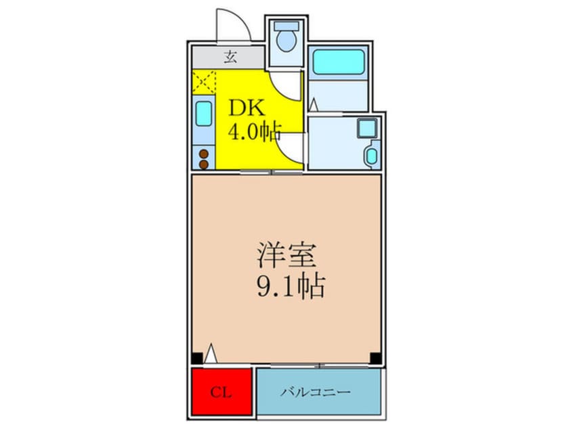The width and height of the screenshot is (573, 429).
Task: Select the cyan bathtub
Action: pos(339,63)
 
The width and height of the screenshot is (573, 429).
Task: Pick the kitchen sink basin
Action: pos(203,114)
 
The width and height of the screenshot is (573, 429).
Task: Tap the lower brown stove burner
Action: pos(203,164)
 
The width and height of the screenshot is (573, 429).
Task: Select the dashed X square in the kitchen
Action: pos(203,83)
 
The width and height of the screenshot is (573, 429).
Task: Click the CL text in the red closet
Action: pos(220,392)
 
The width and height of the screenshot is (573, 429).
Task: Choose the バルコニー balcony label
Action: pos(316,392)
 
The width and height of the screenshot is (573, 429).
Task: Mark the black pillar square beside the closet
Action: pos(196,359)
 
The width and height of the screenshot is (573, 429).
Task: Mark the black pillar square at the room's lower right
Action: pos(375,359)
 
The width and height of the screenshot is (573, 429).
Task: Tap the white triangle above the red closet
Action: pos(211,353)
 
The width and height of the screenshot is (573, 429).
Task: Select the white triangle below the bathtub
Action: pos(313,105)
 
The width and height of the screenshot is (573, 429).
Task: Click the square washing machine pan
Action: pos(367,127)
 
